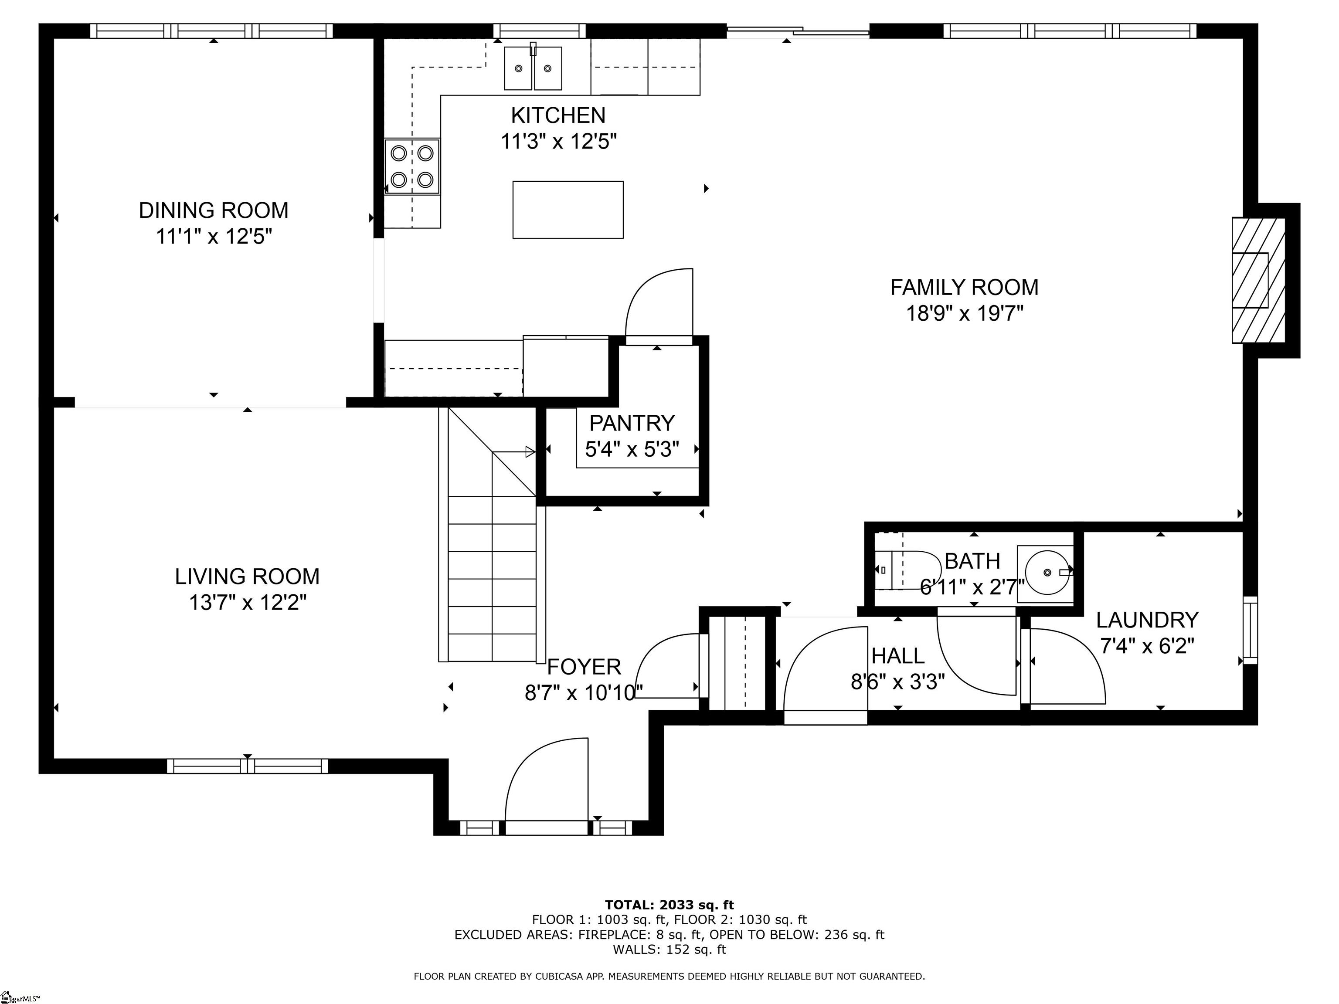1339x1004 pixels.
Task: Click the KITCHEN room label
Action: pos(557,115)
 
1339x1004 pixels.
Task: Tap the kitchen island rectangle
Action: pos(568,210)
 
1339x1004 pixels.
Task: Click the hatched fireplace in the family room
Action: pos(1258,280)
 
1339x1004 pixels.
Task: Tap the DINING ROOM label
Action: pos(214,210)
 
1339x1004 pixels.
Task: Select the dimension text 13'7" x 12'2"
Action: pos(248,603)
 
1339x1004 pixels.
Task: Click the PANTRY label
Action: pos(632,422)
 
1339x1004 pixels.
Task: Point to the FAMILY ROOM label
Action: pos(964,287)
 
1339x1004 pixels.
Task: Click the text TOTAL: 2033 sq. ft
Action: pos(669,905)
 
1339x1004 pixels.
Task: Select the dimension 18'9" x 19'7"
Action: pos(964,313)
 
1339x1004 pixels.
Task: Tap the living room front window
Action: pos(248,766)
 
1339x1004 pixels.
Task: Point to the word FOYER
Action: pos(584,667)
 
